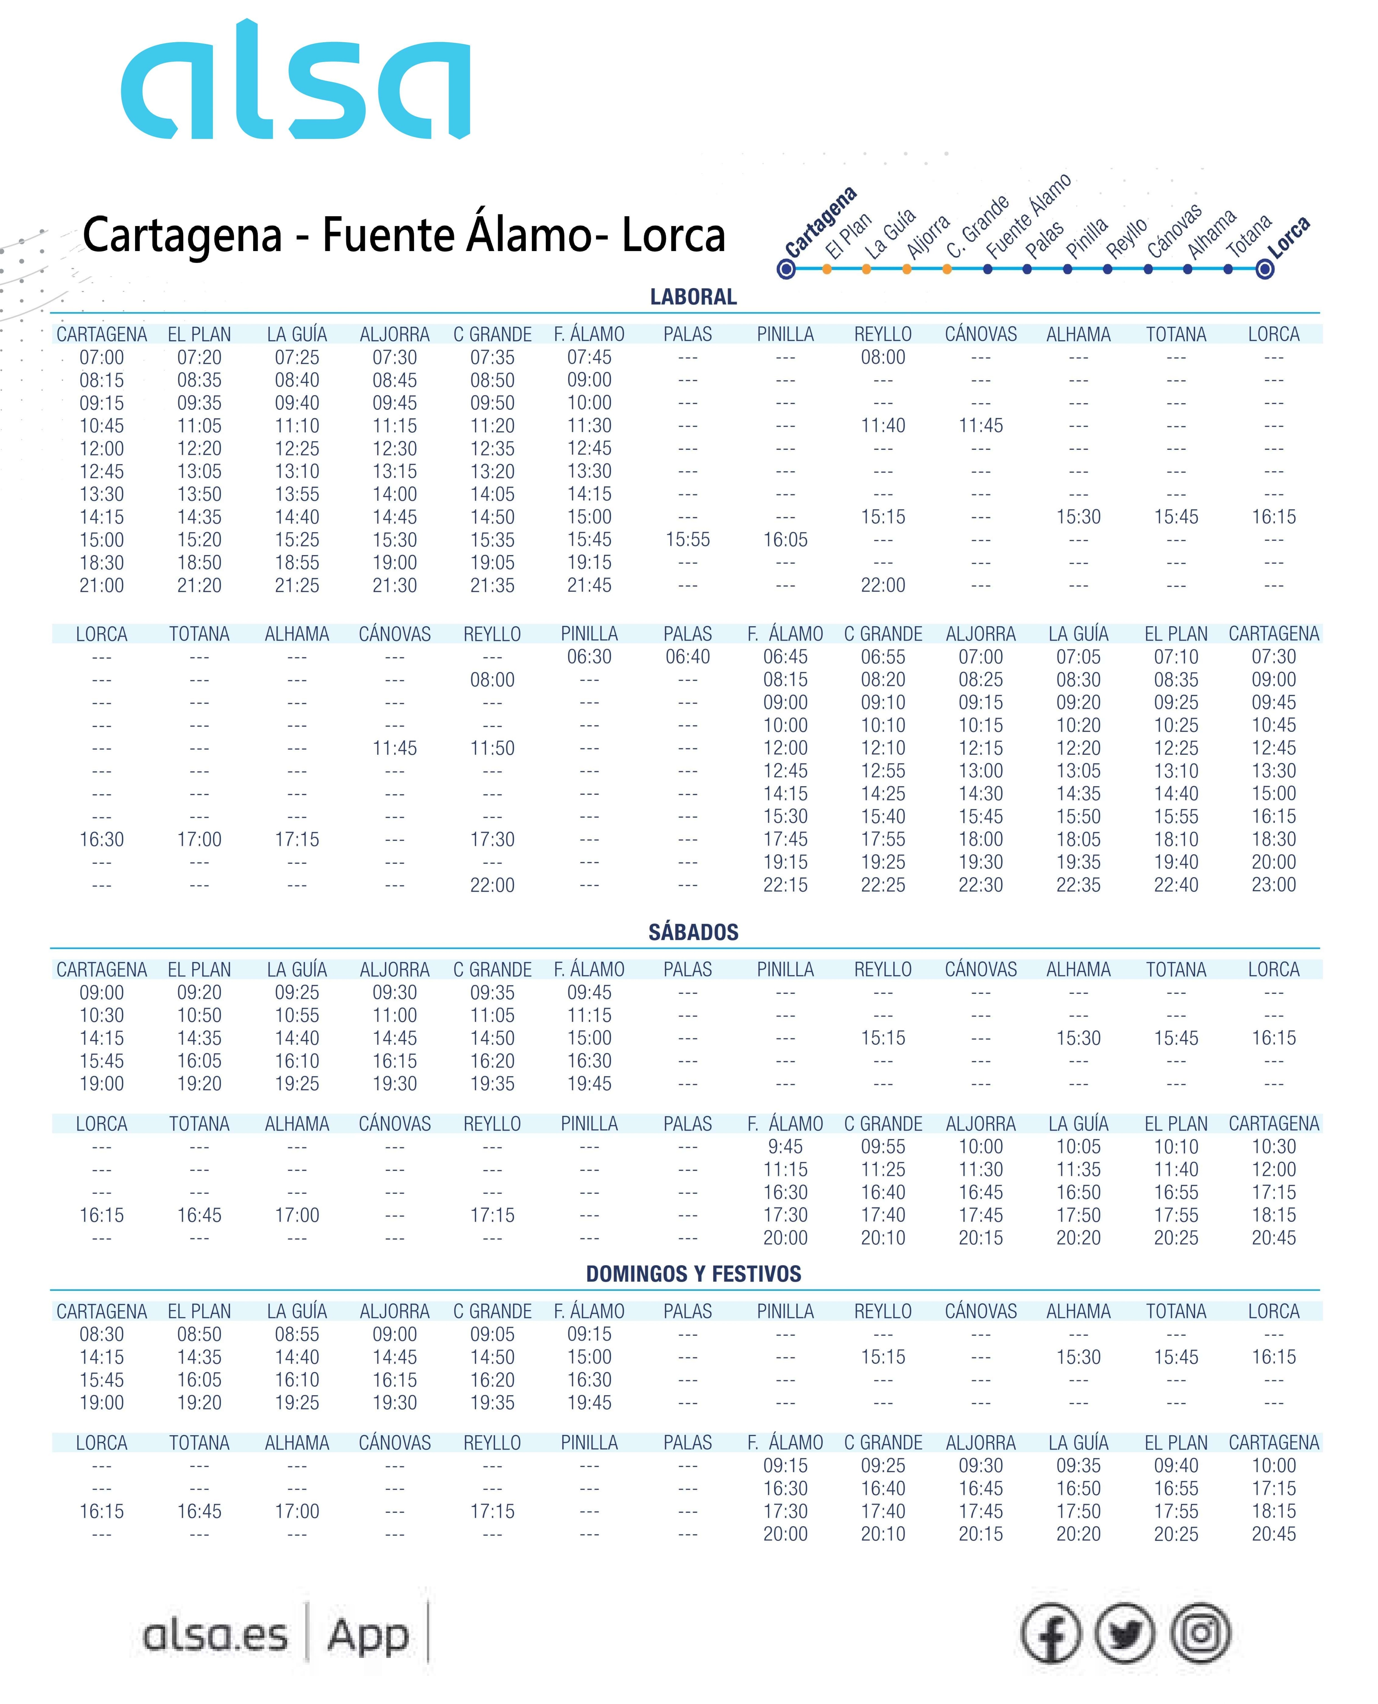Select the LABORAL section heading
point(693,297)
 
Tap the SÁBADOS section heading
point(693,932)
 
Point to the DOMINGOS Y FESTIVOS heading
point(693,1274)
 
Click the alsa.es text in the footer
point(215,1636)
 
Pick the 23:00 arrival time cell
point(1273,885)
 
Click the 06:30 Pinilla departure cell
point(589,657)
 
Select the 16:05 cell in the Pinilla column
point(785,540)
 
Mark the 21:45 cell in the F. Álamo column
point(589,585)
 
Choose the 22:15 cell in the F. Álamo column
point(785,885)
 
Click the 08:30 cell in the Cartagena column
point(102,1334)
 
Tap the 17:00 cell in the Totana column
point(199,839)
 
